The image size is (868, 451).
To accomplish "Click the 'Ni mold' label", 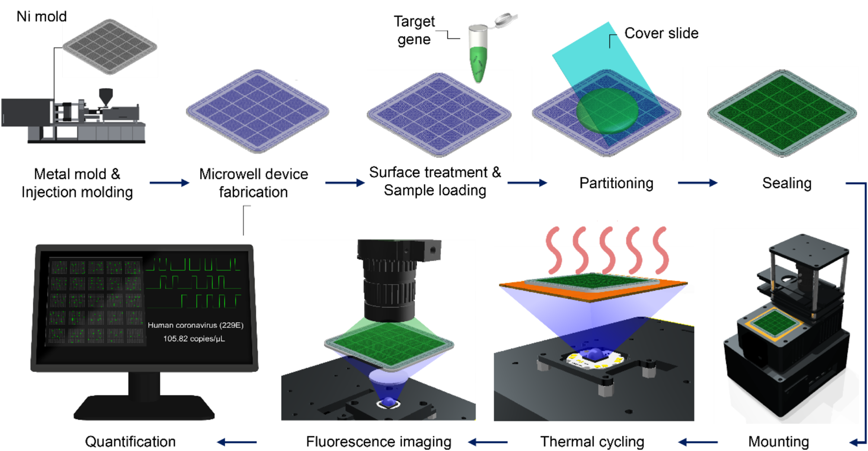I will (41, 16).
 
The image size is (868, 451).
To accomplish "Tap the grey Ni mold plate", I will (109, 46).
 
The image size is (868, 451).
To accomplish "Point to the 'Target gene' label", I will (414, 30).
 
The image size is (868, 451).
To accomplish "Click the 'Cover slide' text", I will (661, 33).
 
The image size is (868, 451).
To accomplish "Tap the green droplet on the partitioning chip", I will (607, 110).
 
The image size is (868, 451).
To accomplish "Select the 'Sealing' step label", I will (786, 183).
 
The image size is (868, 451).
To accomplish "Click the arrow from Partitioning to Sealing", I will (697, 183).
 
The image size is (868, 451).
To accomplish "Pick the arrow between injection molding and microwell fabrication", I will (169, 183).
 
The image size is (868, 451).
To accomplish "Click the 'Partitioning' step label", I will (616, 183).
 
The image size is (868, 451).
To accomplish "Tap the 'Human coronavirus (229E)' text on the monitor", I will (195, 325).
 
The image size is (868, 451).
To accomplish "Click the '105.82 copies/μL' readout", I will (194, 339).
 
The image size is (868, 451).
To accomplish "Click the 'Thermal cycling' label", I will (592, 441).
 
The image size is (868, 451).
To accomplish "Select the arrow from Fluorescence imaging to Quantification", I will (237, 442).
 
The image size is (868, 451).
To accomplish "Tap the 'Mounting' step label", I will (778, 441).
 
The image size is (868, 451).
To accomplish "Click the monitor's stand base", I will (144, 408).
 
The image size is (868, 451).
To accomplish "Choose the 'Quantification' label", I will (130, 441).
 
